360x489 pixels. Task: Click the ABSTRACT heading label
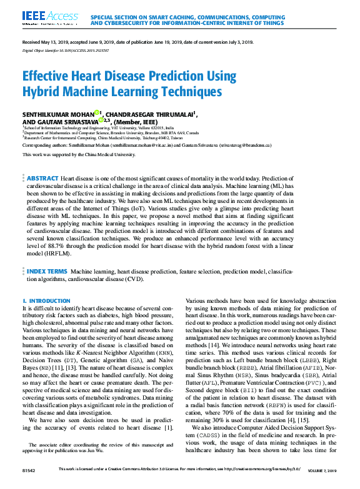(43, 179)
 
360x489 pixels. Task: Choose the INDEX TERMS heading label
(47, 290)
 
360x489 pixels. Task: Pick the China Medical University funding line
(78, 154)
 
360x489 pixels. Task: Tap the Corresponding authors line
(147, 145)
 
